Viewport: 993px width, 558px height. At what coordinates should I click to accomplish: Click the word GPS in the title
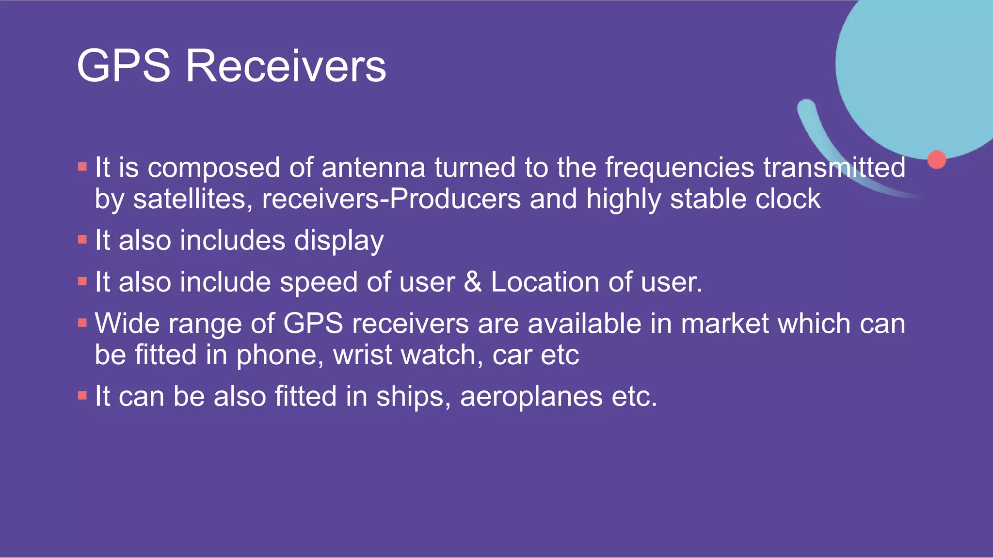point(124,66)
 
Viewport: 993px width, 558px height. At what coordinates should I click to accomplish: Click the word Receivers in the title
point(286,66)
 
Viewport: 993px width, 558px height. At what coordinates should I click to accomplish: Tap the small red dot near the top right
point(937,159)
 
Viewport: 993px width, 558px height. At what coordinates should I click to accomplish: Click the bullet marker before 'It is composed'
point(82,168)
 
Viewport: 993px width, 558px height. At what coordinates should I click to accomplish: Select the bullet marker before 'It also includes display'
point(82,240)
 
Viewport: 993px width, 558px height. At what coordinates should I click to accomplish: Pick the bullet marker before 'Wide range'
point(82,323)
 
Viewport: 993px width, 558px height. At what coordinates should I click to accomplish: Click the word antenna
point(373,168)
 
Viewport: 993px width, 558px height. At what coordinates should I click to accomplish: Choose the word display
point(339,241)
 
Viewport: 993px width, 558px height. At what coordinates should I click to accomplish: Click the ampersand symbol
point(473,282)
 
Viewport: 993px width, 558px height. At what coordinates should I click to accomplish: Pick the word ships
point(410,397)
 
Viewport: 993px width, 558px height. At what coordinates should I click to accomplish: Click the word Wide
point(127,324)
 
